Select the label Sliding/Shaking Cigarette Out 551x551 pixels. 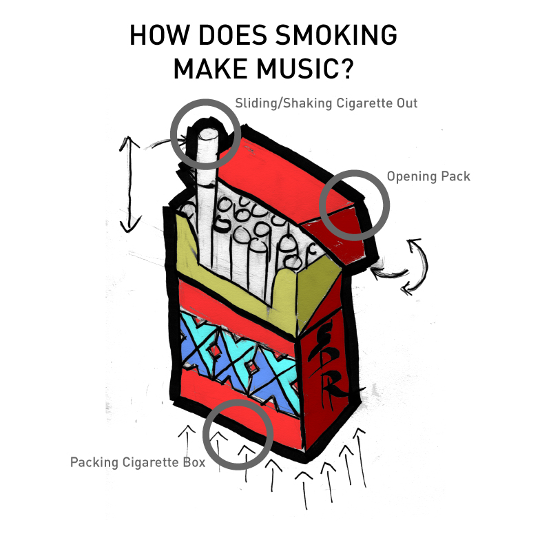coord(326,103)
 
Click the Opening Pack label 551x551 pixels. coord(428,176)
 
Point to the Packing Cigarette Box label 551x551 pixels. coord(138,462)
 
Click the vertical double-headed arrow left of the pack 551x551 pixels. coord(129,183)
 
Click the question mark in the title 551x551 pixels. coord(364,69)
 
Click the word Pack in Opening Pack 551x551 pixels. coord(455,176)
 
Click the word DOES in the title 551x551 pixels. coord(229,36)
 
